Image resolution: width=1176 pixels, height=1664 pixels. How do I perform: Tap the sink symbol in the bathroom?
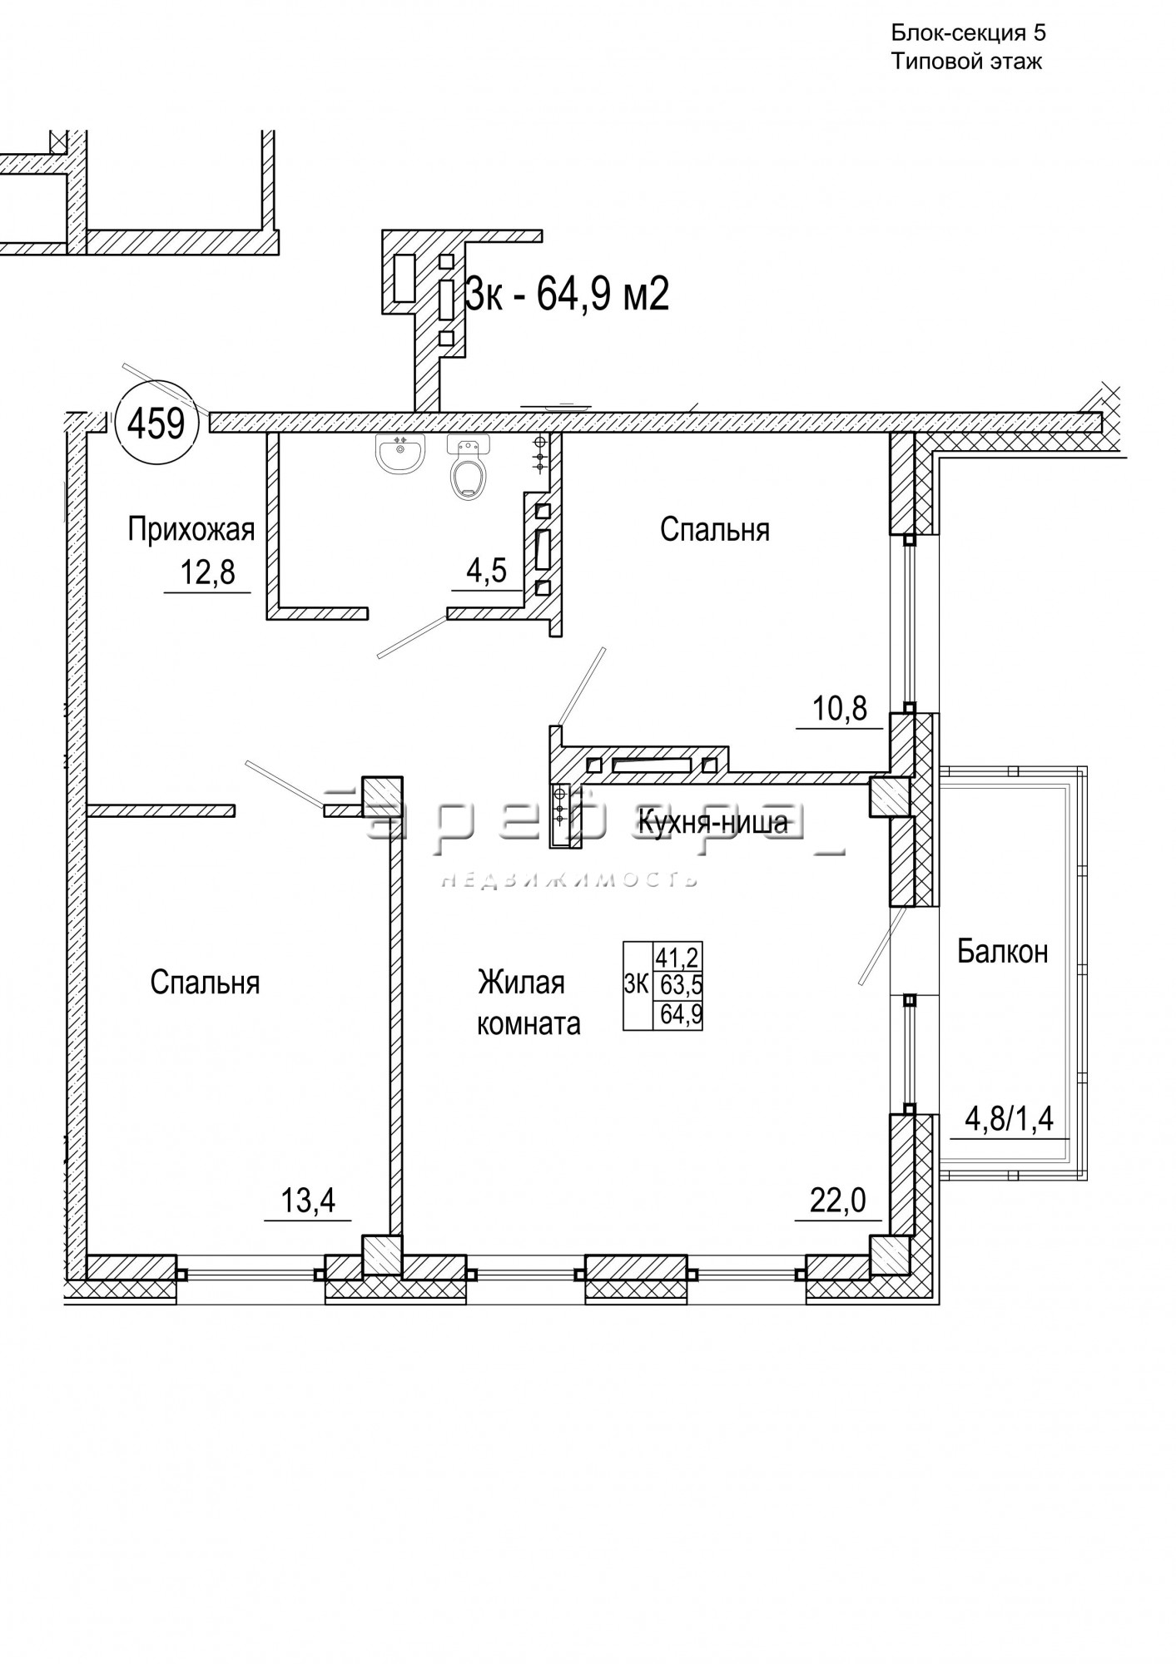pyautogui.click(x=401, y=453)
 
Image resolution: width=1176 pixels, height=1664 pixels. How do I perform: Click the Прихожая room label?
pyautogui.click(x=191, y=529)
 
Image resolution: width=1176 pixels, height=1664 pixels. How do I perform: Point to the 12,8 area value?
pyautogui.click(x=208, y=572)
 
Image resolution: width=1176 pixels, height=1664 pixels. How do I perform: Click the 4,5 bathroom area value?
pyautogui.click(x=487, y=572)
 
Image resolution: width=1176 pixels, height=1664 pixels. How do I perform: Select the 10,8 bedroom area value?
pyautogui.click(x=839, y=709)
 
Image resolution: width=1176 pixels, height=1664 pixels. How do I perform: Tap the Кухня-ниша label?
pyautogui.click(x=712, y=823)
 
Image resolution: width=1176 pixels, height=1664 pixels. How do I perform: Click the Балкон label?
pyautogui.click(x=1002, y=951)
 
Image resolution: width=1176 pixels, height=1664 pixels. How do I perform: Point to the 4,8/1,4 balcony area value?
pyautogui.click(x=1009, y=1119)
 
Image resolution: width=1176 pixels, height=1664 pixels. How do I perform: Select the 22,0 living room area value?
pyautogui.click(x=838, y=1201)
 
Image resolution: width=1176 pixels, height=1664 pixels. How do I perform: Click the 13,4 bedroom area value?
pyautogui.click(x=307, y=1201)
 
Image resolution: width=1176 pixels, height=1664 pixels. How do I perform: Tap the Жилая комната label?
pyautogui.click(x=528, y=1003)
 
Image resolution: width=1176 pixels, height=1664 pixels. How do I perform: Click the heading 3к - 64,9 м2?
pyautogui.click(x=567, y=293)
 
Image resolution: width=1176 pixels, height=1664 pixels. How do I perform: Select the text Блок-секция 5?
pyautogui.click(x=969, y=33)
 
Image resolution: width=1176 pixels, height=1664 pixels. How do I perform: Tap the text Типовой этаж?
pyautogui.click(x=967, y=62)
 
